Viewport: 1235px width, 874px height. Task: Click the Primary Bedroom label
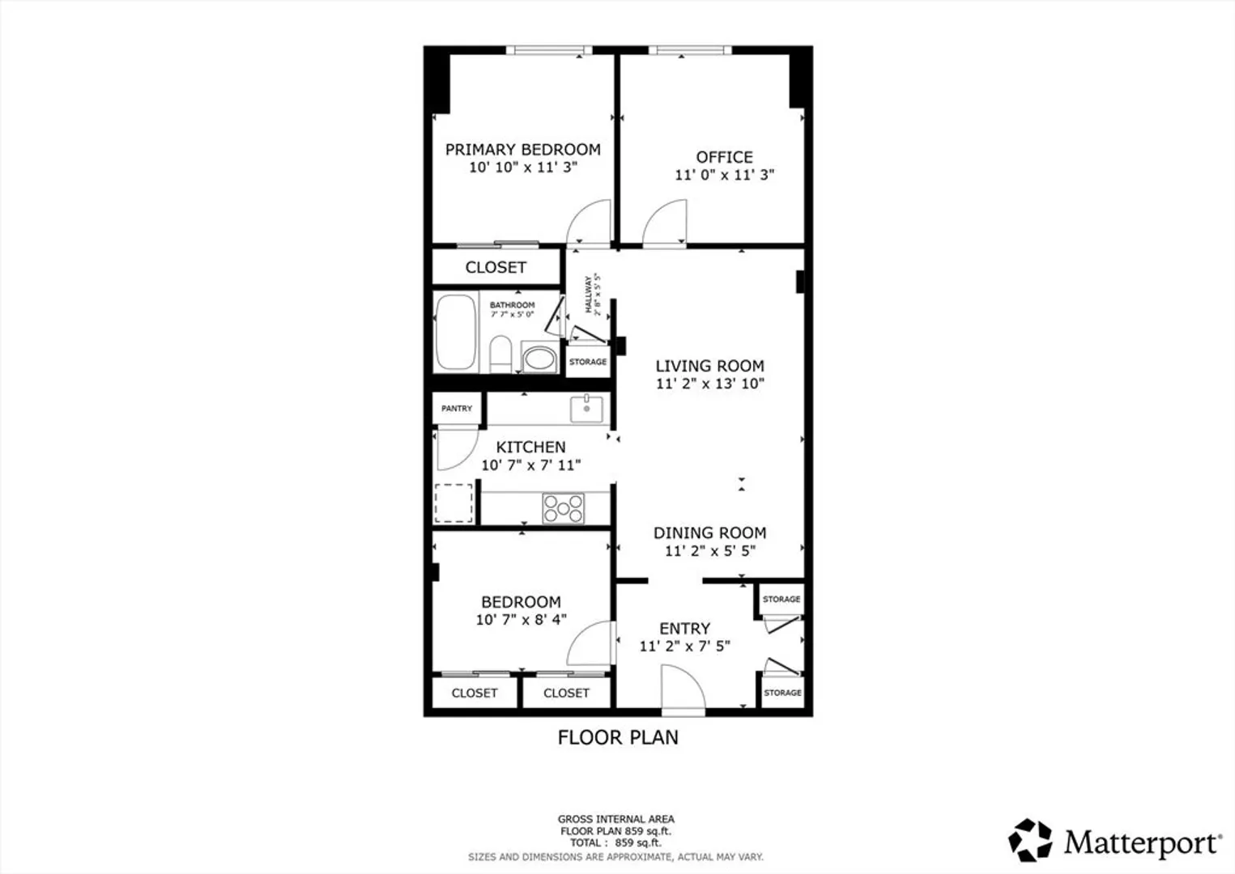click(522, 150)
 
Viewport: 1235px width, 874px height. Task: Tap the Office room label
click(724, 157)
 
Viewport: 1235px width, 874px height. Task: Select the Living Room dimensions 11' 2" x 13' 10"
click(709, 384)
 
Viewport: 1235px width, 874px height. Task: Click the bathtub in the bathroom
click(456, 333)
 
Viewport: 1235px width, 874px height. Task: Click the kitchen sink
click(586, 409)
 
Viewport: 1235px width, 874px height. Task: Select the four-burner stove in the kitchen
click(563, 508)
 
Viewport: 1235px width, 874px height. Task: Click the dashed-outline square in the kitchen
click(454, 503)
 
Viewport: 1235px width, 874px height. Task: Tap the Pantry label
click(457, 409)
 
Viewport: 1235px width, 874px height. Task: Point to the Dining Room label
click(709, 532)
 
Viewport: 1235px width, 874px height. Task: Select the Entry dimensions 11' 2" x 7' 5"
click(685, 646)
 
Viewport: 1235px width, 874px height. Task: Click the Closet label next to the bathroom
click(495, 267)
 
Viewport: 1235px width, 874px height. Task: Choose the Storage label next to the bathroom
click(588, 362)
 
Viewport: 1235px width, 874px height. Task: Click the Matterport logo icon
click(1030, 840)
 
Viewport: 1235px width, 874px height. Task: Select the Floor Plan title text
click(617, 737)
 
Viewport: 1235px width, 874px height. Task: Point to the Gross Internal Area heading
click(615, 820)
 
